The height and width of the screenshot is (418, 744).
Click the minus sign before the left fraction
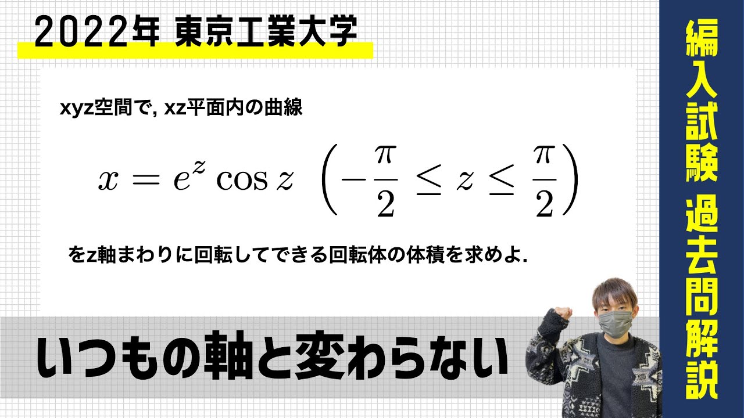(353, 181)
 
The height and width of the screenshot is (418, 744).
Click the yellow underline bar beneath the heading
(195, 51)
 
